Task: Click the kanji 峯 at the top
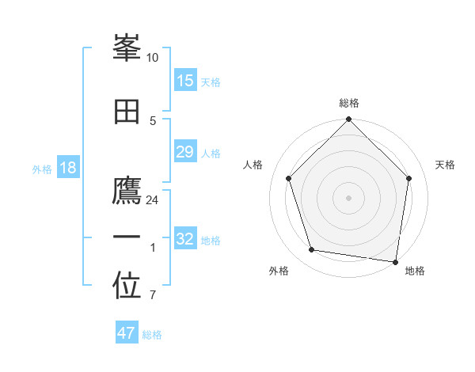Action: click(x=127, y=49)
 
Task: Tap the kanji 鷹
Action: click(x=127, y=192)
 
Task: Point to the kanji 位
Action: click(x=127, y=287)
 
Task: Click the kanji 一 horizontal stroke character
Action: click(x=127, y=237)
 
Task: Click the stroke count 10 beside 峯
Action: click(x=153, y=58)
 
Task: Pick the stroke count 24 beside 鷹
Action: click(x=153, y=200)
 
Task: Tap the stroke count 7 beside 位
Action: click(x=153, y=296)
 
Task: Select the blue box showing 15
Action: click(x=185, y=81)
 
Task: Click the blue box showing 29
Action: click(x=185, y=152)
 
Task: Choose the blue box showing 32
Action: click(x=185, y=239)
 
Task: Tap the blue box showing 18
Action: click(x=68, y=168)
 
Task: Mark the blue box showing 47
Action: click(x=127, y=333)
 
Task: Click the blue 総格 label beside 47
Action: click(x=152, y=335)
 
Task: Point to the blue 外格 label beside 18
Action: click(x=42, y=169)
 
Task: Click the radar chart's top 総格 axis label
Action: click(x=349, y=103)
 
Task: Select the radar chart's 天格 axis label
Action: click(x=446, y=165)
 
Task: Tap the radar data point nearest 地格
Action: click(x=396, y=261)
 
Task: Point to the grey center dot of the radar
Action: click(x=349, y=197)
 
